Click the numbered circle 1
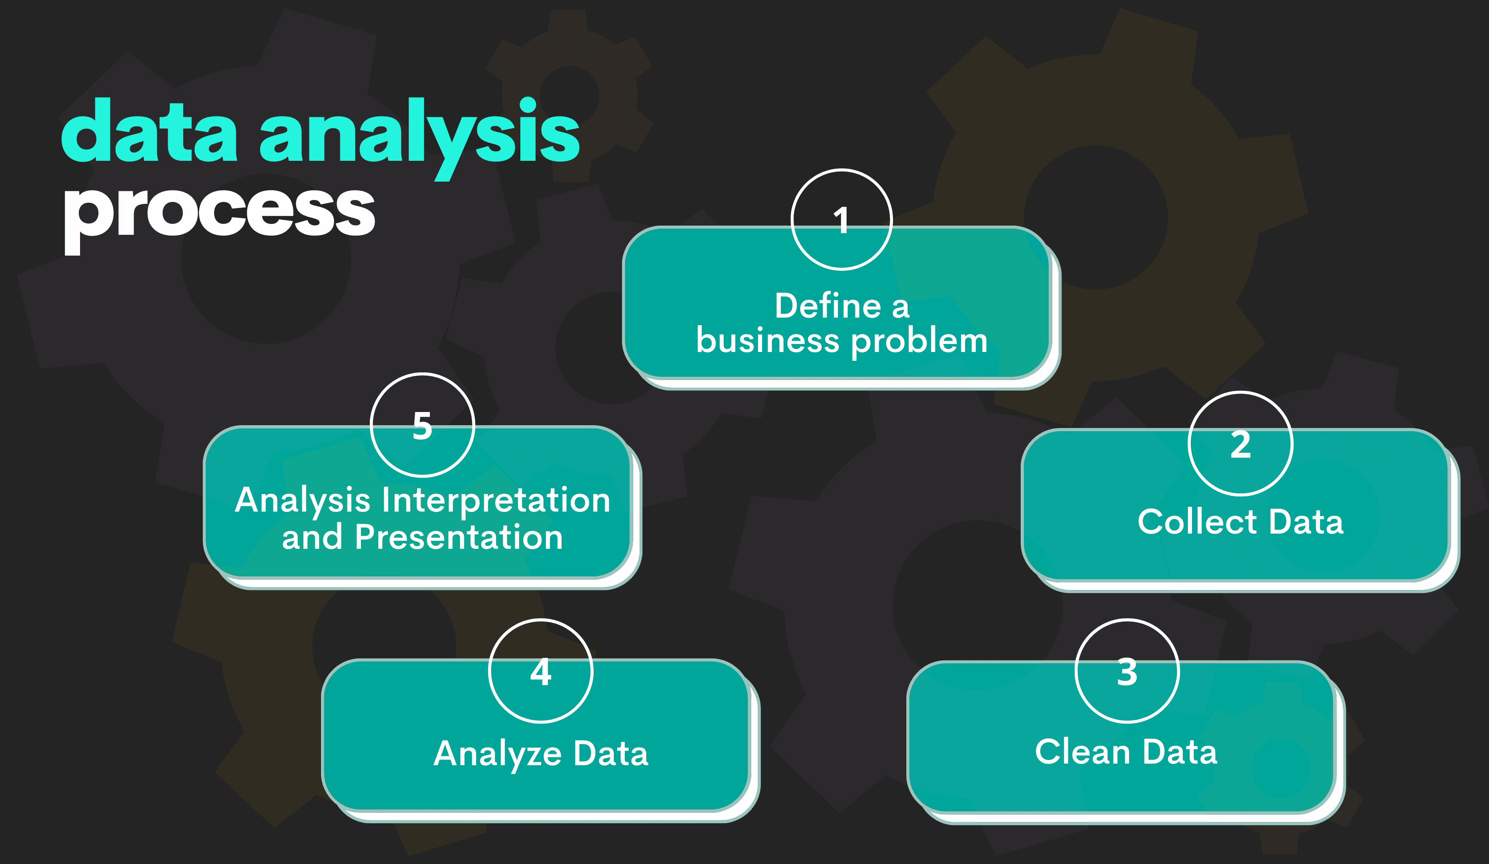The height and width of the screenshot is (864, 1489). coord(841,220)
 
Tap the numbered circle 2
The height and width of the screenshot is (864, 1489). coord(1240,444)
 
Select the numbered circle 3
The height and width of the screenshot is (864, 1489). coord(1127,672)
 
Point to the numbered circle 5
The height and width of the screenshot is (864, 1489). coord(422,425)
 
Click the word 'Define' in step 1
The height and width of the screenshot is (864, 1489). coord(829,306)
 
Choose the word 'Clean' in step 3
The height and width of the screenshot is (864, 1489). coord(1082,752)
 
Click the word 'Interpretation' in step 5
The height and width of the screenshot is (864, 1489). coord(496,500)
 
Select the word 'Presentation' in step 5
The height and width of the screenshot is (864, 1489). coord(459,538)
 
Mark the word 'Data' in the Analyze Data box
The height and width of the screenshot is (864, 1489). coord(610,754)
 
